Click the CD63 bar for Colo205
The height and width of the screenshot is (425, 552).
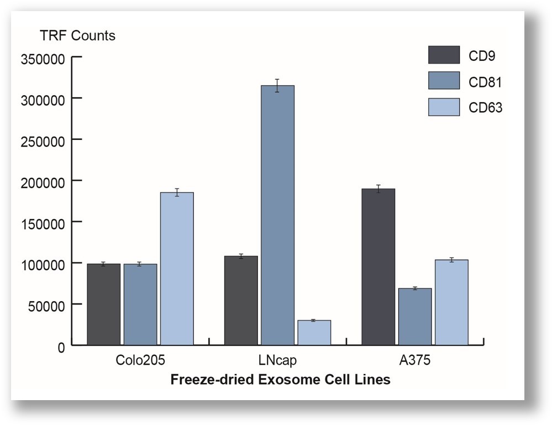click(x=177, y=269)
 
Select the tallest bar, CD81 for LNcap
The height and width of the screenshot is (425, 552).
click(x=277, y=216)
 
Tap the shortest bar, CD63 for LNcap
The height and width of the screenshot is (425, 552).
click(x=314, y=333)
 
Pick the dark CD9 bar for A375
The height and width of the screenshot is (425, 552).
click(x=378, y=267)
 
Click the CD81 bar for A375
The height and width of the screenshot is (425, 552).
click(x=414, y=317)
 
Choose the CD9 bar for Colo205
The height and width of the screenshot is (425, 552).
click(x=103, y=305)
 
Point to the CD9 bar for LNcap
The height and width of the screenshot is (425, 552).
click(x=241, y=301)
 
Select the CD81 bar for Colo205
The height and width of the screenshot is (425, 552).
click(x=140, y=305)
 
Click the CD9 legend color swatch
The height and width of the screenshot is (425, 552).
click(x=444, y=55)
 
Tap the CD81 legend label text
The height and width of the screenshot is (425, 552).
click(x=485, y=82)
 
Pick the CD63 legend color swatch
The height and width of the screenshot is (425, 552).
click(x=444, y=107)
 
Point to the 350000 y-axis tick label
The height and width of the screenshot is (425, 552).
click(x=43, y=58)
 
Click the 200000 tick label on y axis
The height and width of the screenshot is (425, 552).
click(x=43, y=181)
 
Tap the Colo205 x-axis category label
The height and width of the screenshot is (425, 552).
click(x=140, y=361)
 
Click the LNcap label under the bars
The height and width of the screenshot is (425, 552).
click(x=277, y=361)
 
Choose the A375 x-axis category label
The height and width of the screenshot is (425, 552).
click(x=414, y=361)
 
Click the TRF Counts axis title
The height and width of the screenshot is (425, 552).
click(x=77, y=36)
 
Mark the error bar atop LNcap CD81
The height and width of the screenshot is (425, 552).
click(x=277, y=86)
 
